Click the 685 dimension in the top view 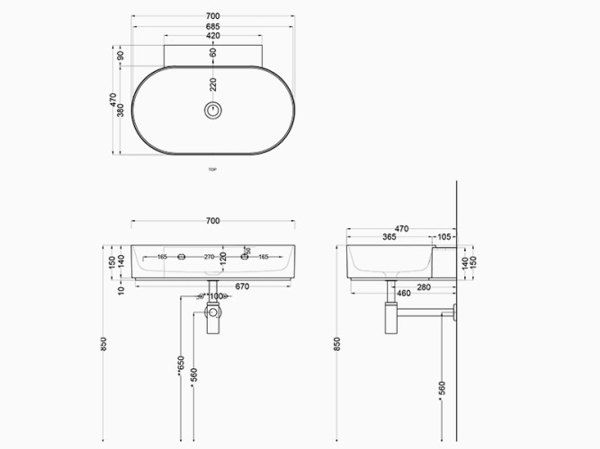tap(213, 27)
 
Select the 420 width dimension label tap(213, 37)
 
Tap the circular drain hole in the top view tap(213, 110)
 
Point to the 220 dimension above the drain tap(213, 85)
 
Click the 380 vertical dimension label tap(121, 110)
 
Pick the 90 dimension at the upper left tap(121, 56)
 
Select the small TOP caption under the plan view tap(213, 169)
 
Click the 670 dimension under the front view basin tap(241, 286)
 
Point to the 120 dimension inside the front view tap(222, 261)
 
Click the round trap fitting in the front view tap(213, 313)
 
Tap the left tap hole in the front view tap(182, 258)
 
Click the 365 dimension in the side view tap(389, 237)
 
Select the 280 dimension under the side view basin tap(422, 286)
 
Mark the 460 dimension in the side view tap(403, 294)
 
